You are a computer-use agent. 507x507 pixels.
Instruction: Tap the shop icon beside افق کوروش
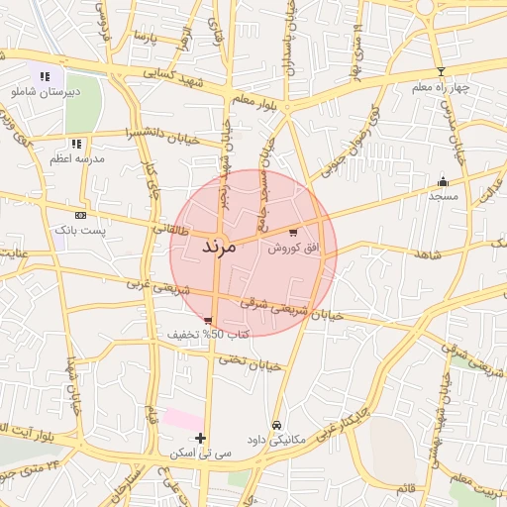[293, 232]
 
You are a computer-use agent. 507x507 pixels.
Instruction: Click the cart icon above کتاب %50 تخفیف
[208, 320]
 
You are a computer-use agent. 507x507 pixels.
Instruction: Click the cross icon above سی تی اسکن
[201, 438]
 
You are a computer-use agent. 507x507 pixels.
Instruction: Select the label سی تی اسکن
[202, 453]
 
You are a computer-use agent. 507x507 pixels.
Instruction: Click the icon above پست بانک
[80, 214]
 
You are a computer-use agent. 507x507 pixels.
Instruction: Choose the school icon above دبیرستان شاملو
[45, 76]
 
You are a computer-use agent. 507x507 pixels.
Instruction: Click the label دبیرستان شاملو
[45, 91]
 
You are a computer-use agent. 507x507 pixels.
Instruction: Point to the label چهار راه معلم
[442, 87]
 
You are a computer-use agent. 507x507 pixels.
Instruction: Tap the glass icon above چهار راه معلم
[442, 71]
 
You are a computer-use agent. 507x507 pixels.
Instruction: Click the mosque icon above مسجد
[443, 181]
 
